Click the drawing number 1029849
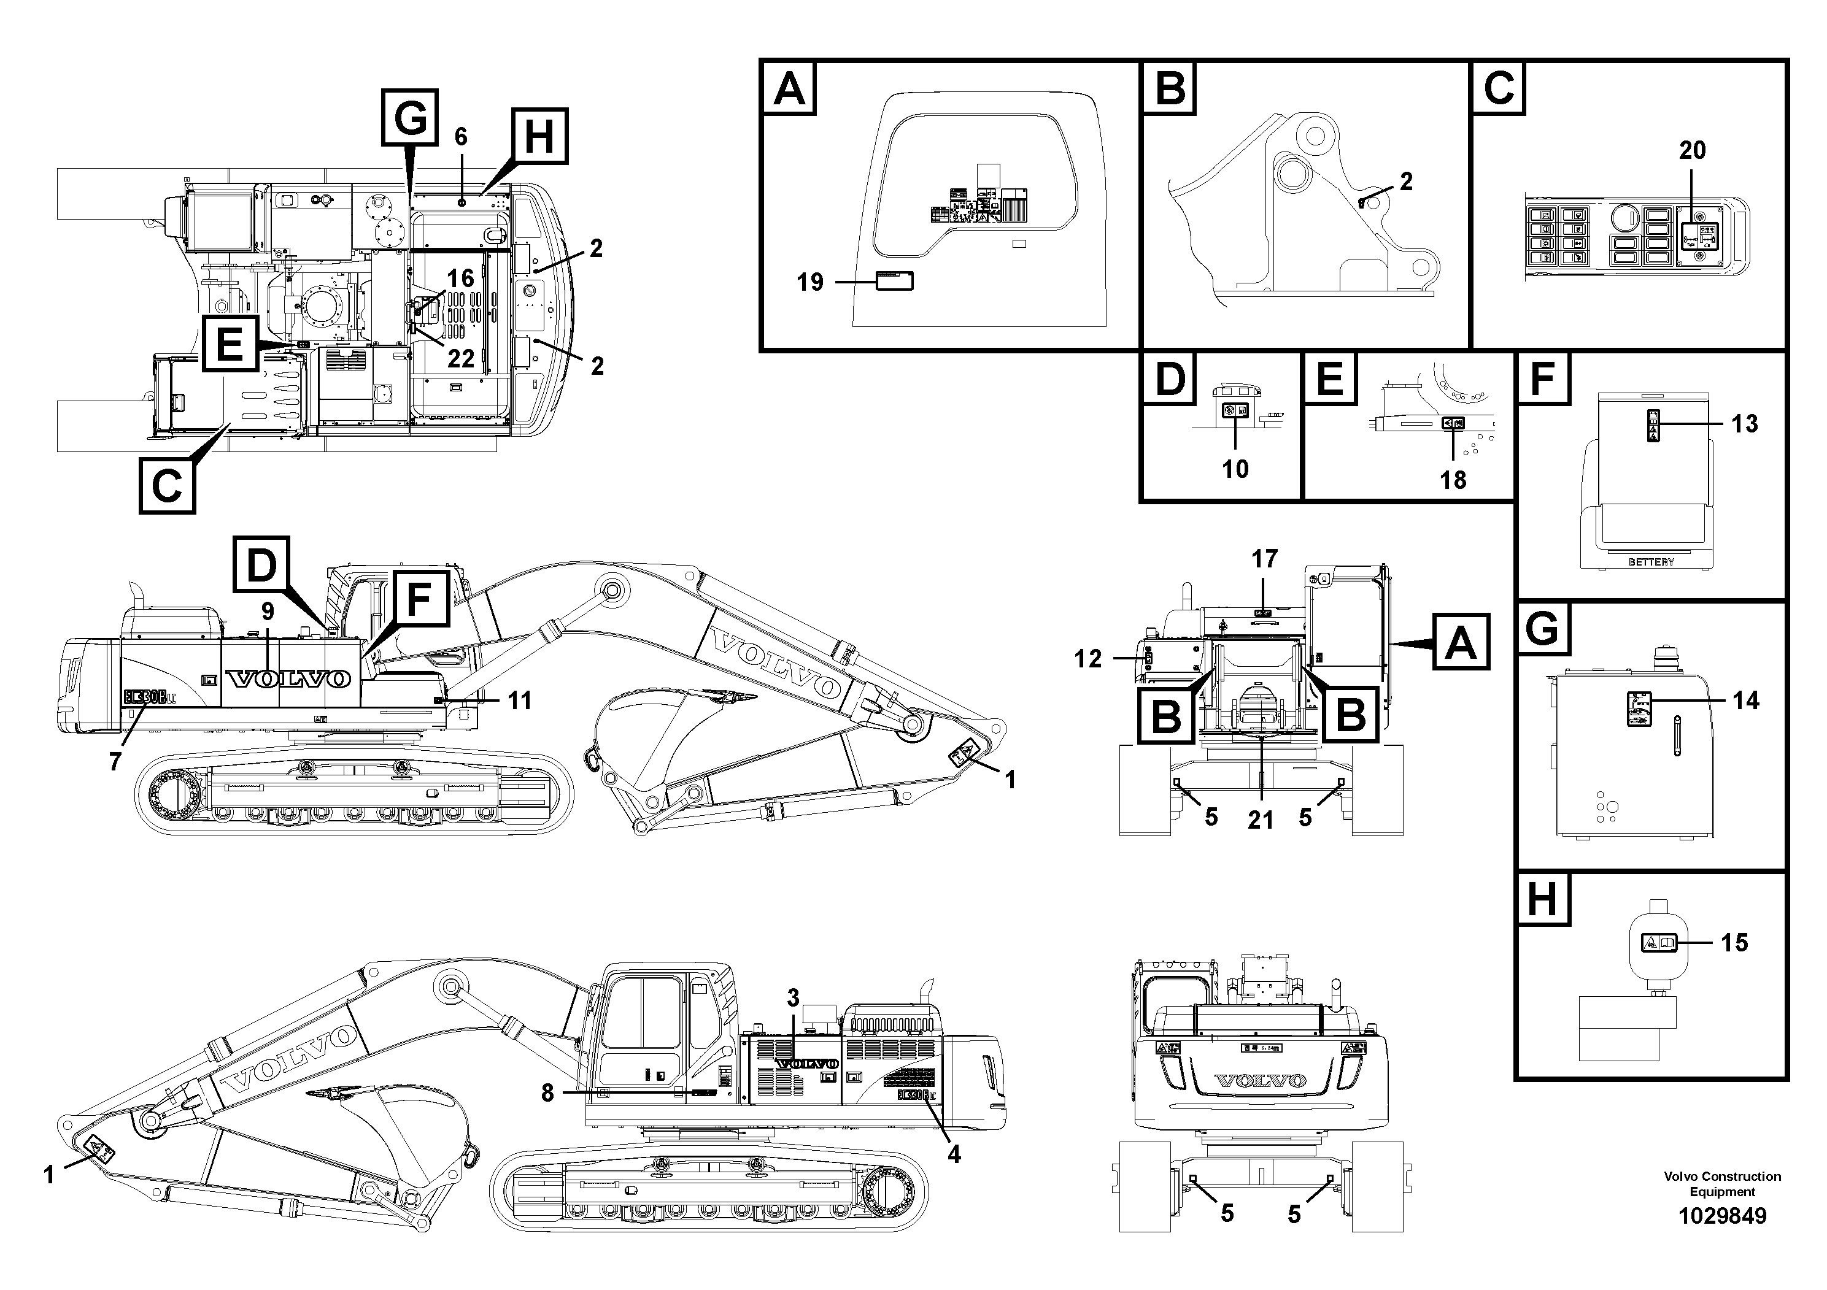coord(1722,1217)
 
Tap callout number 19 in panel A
coord(810,282)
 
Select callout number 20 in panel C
coord(1692,150)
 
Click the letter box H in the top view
coord(539,137)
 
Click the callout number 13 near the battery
coord(1744,424)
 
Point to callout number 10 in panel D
coord(1235,469)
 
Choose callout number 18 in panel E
coord(1453,480)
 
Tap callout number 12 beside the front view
coord(1087,659)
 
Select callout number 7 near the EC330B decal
coord(115,761)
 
